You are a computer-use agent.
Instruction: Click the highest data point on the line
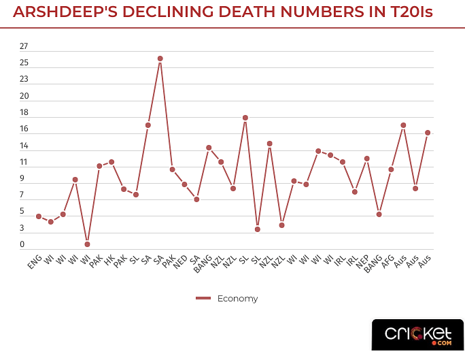(x=160, y=59)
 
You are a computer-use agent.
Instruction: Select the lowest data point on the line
(x=87, y=244)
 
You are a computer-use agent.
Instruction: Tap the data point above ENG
(x=39, y=216)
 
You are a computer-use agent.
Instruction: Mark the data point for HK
(x=111, y=162)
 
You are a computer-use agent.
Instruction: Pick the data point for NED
(x=184, y=184)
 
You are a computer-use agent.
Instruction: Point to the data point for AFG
(x=391, y=169)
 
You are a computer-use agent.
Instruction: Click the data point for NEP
(x=366, y=159)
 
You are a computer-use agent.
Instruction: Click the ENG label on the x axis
(x=35, y=263)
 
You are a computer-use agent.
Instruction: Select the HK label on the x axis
(x=109, y=261)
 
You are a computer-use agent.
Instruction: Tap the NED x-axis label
(x=180, y=263)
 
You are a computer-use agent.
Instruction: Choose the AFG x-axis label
(x=387, y=263)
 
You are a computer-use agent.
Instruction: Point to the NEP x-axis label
(x=362, y=263)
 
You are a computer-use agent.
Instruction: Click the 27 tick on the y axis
(x=24, y=46)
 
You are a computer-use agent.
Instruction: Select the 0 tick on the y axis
(x=22, y=244)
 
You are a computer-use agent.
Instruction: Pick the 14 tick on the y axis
(x=24, y=146)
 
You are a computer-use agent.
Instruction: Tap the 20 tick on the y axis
(x=24, y=96)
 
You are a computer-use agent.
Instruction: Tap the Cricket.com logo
(x=417, y=333)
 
